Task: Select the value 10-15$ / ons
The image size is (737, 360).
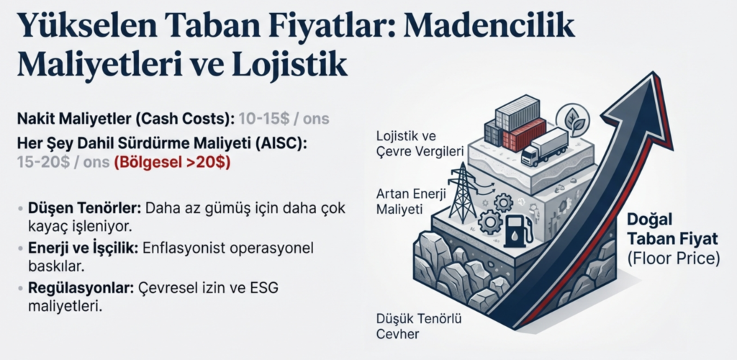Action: [x=284, y=118]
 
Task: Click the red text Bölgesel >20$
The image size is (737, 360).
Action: [x=172, y=163]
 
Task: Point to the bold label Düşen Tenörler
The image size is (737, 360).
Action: [x=85, y=208]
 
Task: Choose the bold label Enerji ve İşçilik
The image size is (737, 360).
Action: [x=83, y=248]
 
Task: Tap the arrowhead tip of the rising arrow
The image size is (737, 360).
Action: [x=652, y=73]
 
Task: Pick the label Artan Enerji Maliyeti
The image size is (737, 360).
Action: [x=410, y=201]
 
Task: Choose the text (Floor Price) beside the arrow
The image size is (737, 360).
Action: [x=673, y=259]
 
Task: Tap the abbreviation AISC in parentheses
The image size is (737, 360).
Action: [x=282, y=143]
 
